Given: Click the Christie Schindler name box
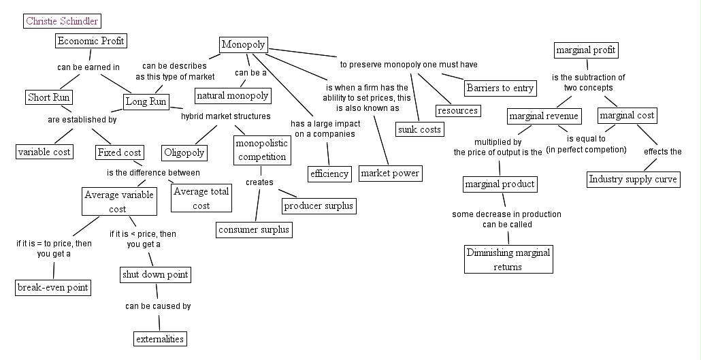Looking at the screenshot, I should point(61,21).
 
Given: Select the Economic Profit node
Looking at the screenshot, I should point(91,41).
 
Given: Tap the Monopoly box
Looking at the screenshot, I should point(244,45).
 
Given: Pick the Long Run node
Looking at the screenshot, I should point(146,101).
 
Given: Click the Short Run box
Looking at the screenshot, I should point(49,97).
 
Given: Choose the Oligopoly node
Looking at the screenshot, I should point(184,152).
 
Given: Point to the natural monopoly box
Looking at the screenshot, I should point(233,95).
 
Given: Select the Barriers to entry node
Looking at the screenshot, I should point(500,88).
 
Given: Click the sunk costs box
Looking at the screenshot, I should point(419,129).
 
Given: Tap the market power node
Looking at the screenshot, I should point(390,174).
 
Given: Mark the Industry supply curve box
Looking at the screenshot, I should point(633,179).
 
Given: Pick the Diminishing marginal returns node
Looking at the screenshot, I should point(508,259).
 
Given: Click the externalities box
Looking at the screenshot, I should point(159,338).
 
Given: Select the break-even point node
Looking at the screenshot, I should point(53,287).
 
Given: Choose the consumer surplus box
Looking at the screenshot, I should point(255,229).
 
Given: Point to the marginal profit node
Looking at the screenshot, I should point(585,50).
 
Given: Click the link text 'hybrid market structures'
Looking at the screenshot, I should point(225,116).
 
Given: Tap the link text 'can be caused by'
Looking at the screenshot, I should point(158,306).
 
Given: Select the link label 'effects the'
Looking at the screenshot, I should point(662,152).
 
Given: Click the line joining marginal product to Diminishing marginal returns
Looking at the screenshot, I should point(504,201).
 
